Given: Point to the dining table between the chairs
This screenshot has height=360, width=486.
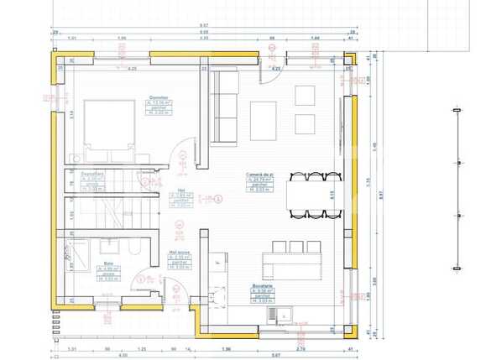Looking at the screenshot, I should pos(316,195).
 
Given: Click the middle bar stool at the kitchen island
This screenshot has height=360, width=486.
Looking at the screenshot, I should pos(295,245).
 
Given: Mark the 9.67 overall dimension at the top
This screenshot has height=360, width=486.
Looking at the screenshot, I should pos(203,25).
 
